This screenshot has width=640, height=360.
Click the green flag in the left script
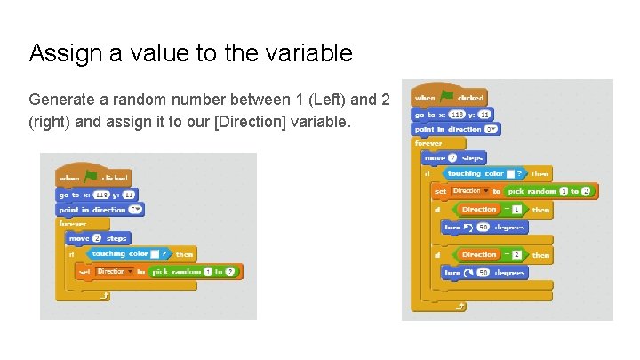(90, 177)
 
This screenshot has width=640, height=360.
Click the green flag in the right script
(447, 97)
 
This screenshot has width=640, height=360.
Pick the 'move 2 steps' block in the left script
(98, 238)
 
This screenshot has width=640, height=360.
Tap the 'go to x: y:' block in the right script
(452, 114)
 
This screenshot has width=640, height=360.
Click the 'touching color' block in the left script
(124, 254)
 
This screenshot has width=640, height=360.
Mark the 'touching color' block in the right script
(485, 174)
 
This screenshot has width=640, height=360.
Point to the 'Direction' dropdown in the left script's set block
(114, 271)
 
